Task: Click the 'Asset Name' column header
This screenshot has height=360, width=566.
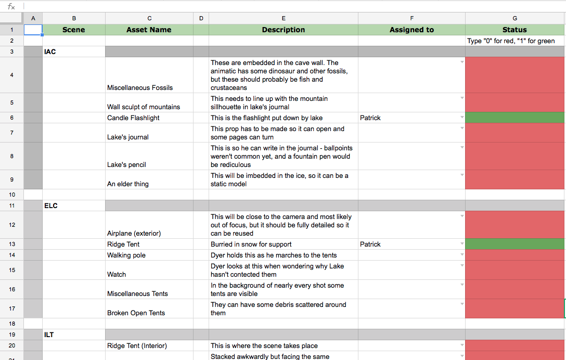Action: coord(149,30)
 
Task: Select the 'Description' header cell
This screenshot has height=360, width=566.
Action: coord(284,30)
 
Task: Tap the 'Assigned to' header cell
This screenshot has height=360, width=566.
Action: coord(411,30)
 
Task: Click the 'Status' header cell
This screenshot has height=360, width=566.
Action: coord(514,30)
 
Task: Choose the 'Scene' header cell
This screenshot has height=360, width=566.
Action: coord(73,30)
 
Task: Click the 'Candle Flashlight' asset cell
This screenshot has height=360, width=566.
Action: coord(133,118)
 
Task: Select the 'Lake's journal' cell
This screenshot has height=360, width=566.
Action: coord(128,137)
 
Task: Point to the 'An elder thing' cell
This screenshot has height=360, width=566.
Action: coord(128,184)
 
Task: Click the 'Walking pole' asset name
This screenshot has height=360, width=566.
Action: coord(126,255)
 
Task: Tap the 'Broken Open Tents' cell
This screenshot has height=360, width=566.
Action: coord(136,313)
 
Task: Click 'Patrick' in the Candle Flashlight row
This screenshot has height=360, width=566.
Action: coord(370,118)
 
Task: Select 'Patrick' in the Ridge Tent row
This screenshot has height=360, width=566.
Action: coord(370,245)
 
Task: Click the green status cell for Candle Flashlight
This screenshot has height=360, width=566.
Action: coord(515,118)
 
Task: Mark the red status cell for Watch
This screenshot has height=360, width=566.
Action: coord(515,271)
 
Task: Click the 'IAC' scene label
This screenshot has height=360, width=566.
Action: coord(50,52)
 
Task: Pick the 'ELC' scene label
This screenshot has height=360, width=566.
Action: coord(51,206)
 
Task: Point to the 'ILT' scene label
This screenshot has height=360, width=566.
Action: coord(49,335)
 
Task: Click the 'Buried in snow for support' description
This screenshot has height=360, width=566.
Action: coord(251,245)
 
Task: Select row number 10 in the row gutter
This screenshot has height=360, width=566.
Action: coord(12,195)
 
